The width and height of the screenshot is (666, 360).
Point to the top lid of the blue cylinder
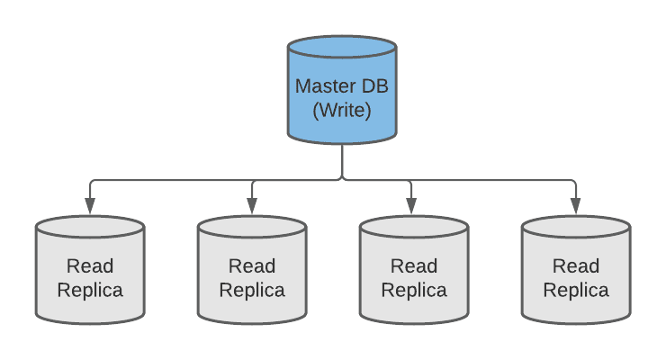click(x=342, y=48)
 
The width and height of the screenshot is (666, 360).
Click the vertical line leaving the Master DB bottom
click(x=342, y=160)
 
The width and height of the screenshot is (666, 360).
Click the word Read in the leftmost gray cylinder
click(x=90, y=266)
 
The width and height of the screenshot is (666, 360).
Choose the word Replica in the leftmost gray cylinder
click(x=90, y=290)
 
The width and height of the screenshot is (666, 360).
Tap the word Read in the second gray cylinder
click(x=252, y=266)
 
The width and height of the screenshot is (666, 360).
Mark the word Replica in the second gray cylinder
click(x=252, y=290)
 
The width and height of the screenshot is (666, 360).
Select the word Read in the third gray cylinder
click(x=414, y=266)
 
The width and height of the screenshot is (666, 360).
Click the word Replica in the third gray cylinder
click(x=414, y=290)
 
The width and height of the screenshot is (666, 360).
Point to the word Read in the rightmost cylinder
click(x=576, y=266)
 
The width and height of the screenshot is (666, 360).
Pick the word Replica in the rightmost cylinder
click(x=576, y=290)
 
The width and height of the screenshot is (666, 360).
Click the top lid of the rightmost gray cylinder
click(x=576, y=226)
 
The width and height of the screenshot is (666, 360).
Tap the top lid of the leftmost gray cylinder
click(x=90, y=226)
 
